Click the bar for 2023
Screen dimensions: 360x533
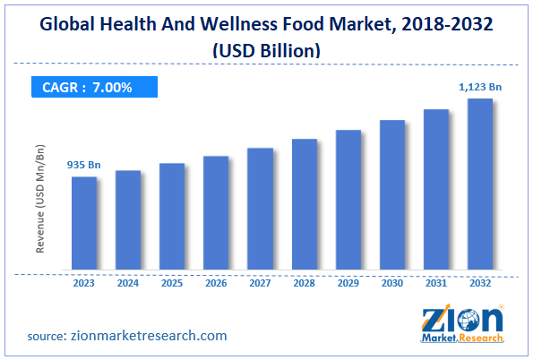84,223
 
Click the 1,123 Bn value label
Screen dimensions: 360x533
480,86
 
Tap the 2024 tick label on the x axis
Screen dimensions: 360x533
128,283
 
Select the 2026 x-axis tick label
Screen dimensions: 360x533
216,283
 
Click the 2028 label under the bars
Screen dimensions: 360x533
305,283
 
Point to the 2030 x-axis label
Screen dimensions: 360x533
392,283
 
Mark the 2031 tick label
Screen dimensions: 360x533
436,283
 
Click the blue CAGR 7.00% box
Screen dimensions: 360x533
90,87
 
